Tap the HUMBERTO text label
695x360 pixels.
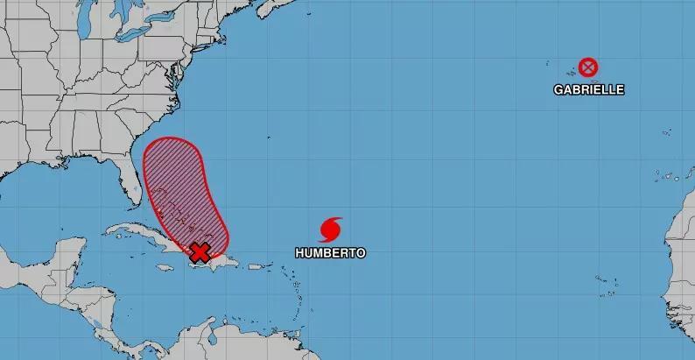pos(330,253)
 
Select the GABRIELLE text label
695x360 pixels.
pos(589,89)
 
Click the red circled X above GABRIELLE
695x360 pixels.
pos(588,67)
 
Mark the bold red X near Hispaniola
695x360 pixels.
pos(200,253)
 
